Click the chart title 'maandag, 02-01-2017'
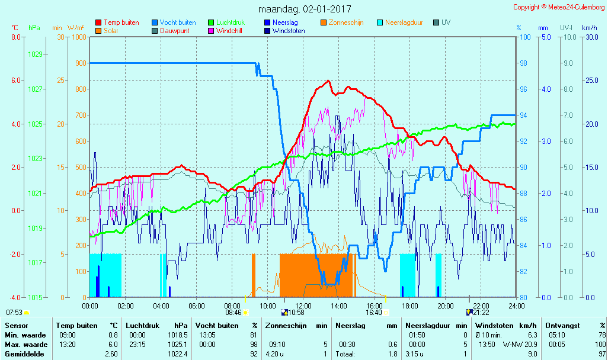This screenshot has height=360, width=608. point(305,9)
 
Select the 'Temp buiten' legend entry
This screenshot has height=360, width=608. point(121,22)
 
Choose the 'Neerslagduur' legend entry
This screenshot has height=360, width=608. point(404,22)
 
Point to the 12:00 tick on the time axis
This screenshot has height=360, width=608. point(303,306)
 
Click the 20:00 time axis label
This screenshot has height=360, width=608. point(445,306)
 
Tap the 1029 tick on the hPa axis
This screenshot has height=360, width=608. point(35,54)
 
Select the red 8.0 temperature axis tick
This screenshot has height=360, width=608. point(16,37)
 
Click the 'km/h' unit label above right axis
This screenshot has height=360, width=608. point(589,28)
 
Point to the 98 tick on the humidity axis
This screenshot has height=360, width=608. point(523,63)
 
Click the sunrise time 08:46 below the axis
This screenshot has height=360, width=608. point(233,313)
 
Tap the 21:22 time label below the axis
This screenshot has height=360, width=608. point(481,313)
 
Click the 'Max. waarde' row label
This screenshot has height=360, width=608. point(24,344)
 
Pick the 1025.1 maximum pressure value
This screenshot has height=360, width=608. point(177,344)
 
